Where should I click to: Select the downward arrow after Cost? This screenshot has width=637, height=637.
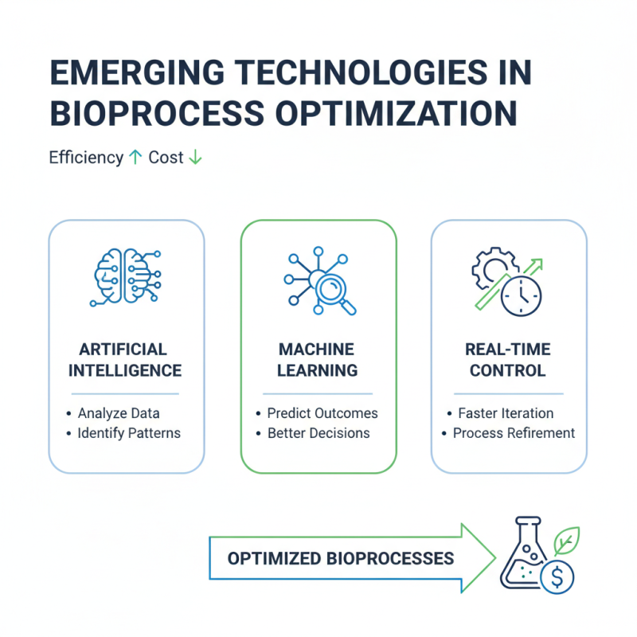pyautogui.click(x=194, y=158)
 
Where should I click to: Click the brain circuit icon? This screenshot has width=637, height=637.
pyautogui.click(x=126, y=277)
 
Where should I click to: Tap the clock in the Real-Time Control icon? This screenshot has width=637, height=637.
pyautogui.click(x=521, y=295)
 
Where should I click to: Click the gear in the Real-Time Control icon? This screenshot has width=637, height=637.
pyautogui.click(x=489, y=268)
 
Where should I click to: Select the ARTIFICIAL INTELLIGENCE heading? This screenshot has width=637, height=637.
pyautogui.click(x=125, y=360)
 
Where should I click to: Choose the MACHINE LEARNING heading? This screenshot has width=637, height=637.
pyautogui.click(x=318, y=360)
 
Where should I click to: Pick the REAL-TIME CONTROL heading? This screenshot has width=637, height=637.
pyautogui.click(x=509, y=360)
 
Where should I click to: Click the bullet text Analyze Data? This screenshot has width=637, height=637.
pyautogui.click(x=119, y=413)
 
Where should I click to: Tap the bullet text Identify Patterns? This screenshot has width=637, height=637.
pyautogui.click(x=129, y=434)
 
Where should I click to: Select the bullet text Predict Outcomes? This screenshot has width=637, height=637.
pyautogui.click(x=322, y=413)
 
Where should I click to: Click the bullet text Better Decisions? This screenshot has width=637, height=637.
pyautogui.click(x=318, y=434)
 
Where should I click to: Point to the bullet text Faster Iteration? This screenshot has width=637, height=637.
pyautogui.click(x=506, y=413)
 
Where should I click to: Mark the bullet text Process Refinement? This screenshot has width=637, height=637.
pyautogui.click(x=514, y=434)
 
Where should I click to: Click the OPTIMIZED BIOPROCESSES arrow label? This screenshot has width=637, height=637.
pyautogui.click(x=341, y=557)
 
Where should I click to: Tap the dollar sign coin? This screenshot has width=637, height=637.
pyautogui.click(x=556, y=575)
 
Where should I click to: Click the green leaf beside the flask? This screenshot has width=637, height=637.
pyautogui.click(x=567, y=541)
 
